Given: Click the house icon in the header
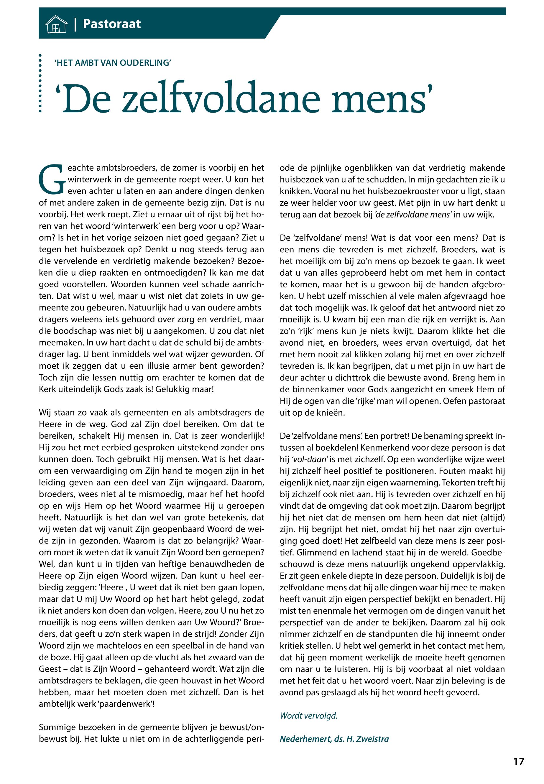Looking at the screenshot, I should tap(56, 24).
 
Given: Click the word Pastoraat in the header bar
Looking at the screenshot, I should tap(111, 24).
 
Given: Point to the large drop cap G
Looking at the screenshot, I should tap(52, 179).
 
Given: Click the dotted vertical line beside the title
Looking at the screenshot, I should tap(40, 83).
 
